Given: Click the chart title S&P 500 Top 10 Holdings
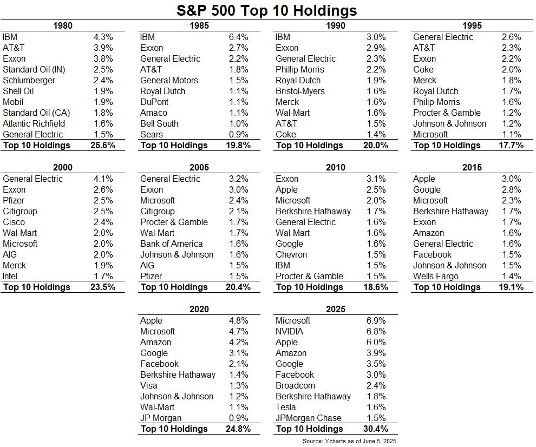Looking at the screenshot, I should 267,10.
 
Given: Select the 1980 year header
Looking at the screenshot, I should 63,25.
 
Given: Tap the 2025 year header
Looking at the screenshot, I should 336,309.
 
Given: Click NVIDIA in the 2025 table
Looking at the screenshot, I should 289,331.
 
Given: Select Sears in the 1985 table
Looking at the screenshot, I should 152,134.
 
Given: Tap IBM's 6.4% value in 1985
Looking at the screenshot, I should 238,37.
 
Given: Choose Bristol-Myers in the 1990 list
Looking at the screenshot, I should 300,91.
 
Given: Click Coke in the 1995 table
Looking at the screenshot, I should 423,69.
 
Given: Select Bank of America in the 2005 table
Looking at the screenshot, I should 171,244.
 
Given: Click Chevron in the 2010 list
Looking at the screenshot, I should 291,254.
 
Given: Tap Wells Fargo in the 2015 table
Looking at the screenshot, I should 436,276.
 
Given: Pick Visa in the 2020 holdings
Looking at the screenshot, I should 149,385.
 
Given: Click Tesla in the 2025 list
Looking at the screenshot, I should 286,407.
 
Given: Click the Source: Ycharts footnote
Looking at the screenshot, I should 350,441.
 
